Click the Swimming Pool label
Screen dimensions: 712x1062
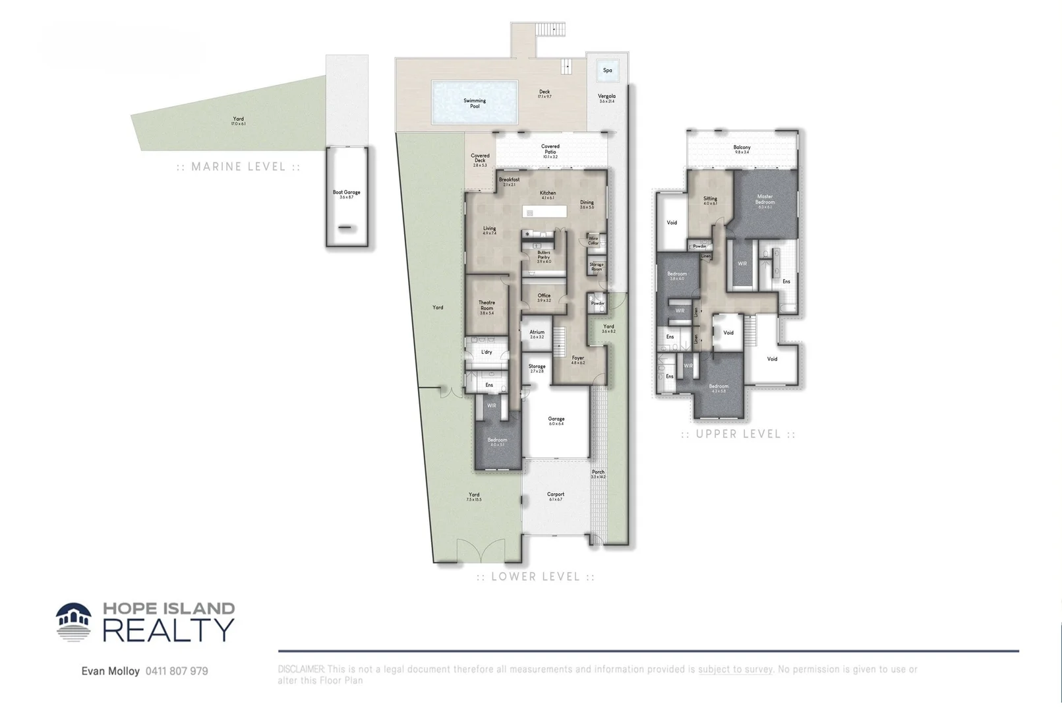click(x=475, y=104)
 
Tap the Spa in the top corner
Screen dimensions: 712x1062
click(x=607, y=71)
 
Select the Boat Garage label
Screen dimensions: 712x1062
click(x=346, y=194)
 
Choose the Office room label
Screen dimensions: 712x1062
click(x=544, y=298)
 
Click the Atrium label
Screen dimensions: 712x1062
click(x=537, y=334)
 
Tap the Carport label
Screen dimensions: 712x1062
click(x=556, y=496)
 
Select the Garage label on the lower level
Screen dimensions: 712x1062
click(x=556, y=421)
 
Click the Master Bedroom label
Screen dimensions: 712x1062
click(x=765, y=200)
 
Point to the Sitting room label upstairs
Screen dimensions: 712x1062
click(x=710, y=200)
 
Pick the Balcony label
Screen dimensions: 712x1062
click(x=742, y=150)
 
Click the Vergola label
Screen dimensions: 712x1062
click(x=606, y=98)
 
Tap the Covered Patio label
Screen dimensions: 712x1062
click(x=550, y=151)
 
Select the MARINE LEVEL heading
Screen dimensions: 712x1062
click(x=239, y=167)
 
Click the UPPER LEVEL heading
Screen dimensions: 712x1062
click(x=738, y=434)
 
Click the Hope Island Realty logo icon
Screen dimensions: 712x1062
click(x=74, y=622)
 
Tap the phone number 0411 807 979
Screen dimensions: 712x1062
click(x=177, y=671)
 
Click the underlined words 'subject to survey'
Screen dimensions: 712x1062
click(x=735, y=669)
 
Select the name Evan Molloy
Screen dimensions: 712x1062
click(x=111, y=671)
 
